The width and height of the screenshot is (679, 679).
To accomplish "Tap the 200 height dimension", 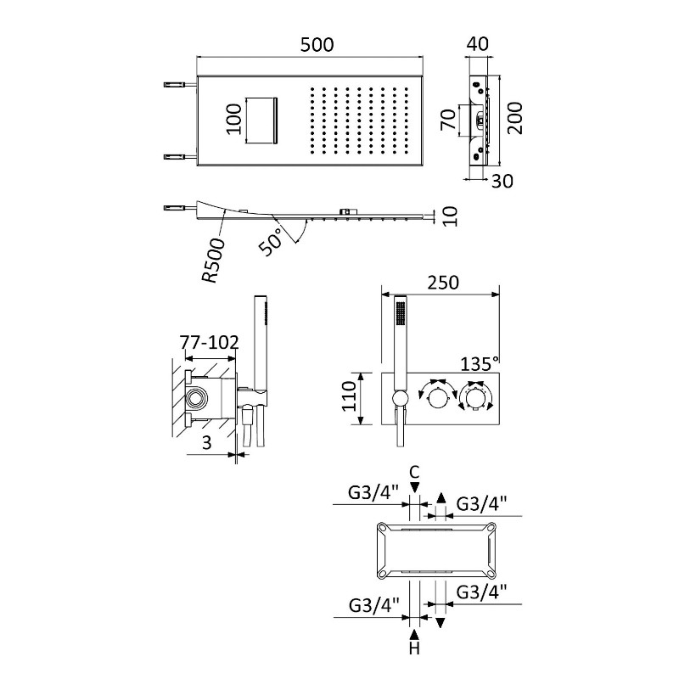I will point(517,119).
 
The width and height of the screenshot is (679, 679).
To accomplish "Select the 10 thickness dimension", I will point(450,217).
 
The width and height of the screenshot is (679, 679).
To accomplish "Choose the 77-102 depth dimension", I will point(209,342).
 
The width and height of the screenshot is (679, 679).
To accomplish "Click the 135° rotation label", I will point(480,364).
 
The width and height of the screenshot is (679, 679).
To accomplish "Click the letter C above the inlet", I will point(413,472).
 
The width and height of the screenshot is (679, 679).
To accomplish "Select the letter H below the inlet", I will point(414,650).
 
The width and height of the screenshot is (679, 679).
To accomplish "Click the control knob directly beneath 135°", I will point(474,398).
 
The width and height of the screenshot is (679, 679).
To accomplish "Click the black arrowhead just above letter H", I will point(414,633).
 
